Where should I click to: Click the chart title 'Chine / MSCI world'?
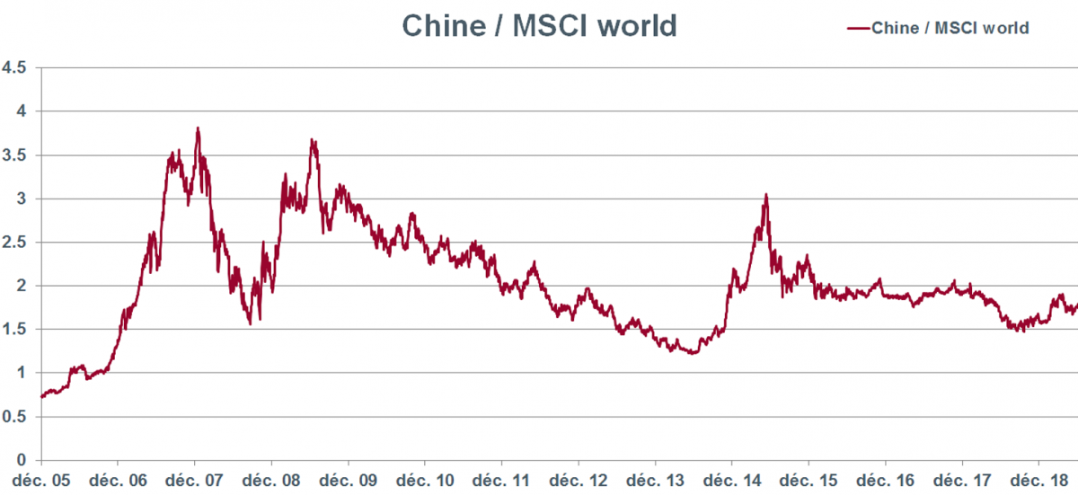(x=538, y=25)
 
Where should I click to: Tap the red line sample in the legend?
(x=858, y=28)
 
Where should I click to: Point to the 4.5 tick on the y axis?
(x=14, y=67)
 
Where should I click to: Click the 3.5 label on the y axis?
(x=14, y=155)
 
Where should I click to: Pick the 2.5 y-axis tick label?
(x=14, y=242)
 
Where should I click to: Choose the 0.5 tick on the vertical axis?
(x=14, y=417)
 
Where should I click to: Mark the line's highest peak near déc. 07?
(x=198, y=128)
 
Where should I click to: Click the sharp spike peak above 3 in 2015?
(x=765, y=194)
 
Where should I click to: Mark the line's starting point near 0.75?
(x=42, y=395)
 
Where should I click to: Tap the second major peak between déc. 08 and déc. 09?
(x=312, y=139)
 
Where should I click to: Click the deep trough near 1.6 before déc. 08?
(x=250, y=323)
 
